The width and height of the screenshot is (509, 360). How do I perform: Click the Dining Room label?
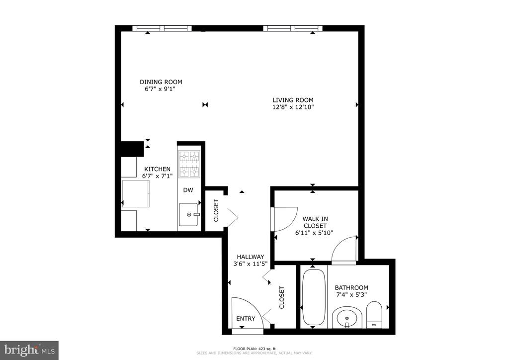[161, 82]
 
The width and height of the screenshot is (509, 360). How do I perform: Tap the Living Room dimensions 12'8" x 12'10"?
[293, 107]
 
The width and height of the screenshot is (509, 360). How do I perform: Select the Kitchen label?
[157, 169]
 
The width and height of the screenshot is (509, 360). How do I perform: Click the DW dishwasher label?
[188, 190]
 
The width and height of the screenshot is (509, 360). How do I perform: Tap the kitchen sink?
[188, 214]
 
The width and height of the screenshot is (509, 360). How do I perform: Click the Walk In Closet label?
[315, 222]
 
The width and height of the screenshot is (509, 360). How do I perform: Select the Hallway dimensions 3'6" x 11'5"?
[251, 264]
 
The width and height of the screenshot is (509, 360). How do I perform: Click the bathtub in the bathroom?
[314, 297]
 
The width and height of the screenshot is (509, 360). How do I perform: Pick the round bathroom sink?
[347, 317]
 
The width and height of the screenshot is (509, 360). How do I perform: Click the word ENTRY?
[246, 319]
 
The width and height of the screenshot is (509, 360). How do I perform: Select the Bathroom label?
[351, 287]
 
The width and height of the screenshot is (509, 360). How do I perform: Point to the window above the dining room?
[163, 28]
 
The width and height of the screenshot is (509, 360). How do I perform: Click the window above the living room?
[293, 28]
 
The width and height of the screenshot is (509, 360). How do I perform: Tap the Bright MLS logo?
[29, 351]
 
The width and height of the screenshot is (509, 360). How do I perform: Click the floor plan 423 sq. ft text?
[254, 349]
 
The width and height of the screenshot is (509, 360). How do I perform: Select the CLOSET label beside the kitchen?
[216, 210]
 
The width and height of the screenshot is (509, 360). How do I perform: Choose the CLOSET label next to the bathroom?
[282, 297]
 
